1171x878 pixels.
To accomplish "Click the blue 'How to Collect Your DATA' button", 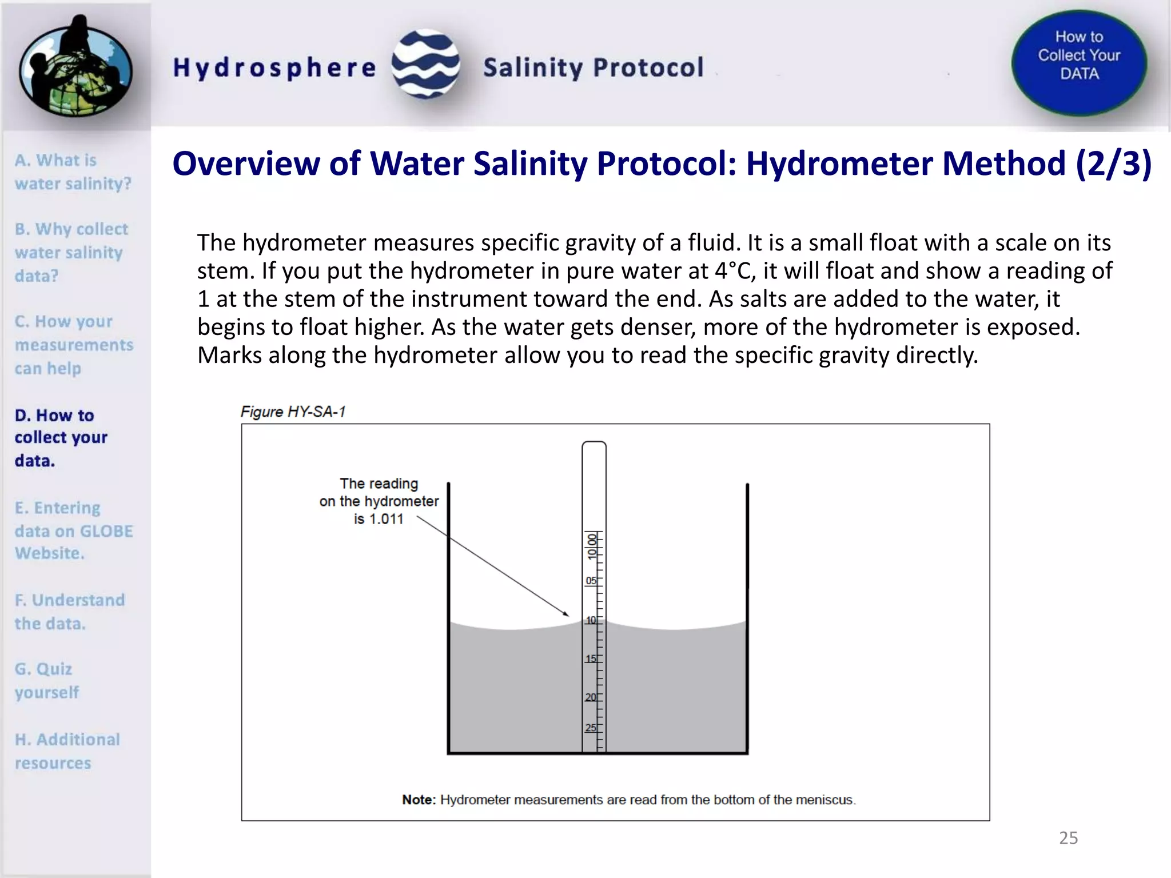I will pos(1079,62).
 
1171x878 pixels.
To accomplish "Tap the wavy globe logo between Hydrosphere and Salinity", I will pos(426,64).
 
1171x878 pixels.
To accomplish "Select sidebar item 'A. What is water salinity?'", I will pos(73,171).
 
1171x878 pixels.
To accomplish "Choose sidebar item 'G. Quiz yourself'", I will pos(47,680).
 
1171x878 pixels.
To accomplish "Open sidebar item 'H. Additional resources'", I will pos(67,751).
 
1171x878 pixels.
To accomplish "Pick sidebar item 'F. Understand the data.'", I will pos(69,612).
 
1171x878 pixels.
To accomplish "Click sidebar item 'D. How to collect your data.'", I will pos(61,437).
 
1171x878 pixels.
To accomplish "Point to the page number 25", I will pos(1068,838).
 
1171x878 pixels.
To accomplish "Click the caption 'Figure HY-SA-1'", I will pos(293,412).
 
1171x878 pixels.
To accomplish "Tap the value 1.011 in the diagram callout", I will pos(387,519).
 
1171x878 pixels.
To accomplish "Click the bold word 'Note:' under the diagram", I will pos(419,800).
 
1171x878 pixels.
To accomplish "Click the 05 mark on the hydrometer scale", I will pos(591,581).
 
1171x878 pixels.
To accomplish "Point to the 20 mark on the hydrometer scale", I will pos(591,697).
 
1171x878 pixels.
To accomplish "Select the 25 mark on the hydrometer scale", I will pos(591,728).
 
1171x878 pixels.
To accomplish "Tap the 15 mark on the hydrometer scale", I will pos(591,659).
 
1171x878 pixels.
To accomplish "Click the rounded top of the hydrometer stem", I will pos(594,445).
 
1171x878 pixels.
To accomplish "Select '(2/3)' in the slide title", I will pos(1113,163).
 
